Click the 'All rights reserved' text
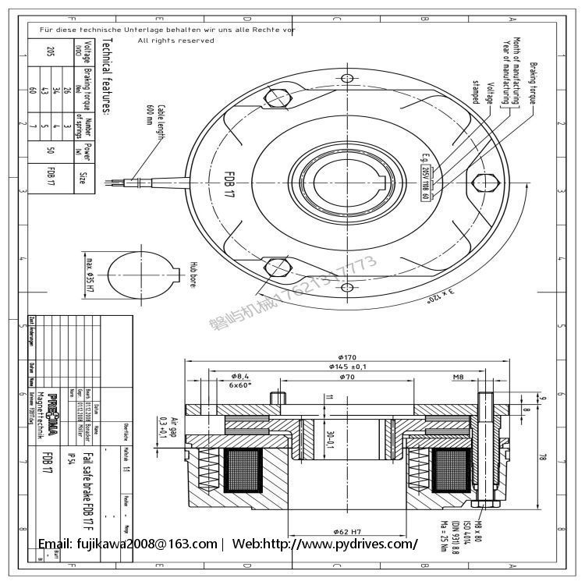click(x=175, y=40)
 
